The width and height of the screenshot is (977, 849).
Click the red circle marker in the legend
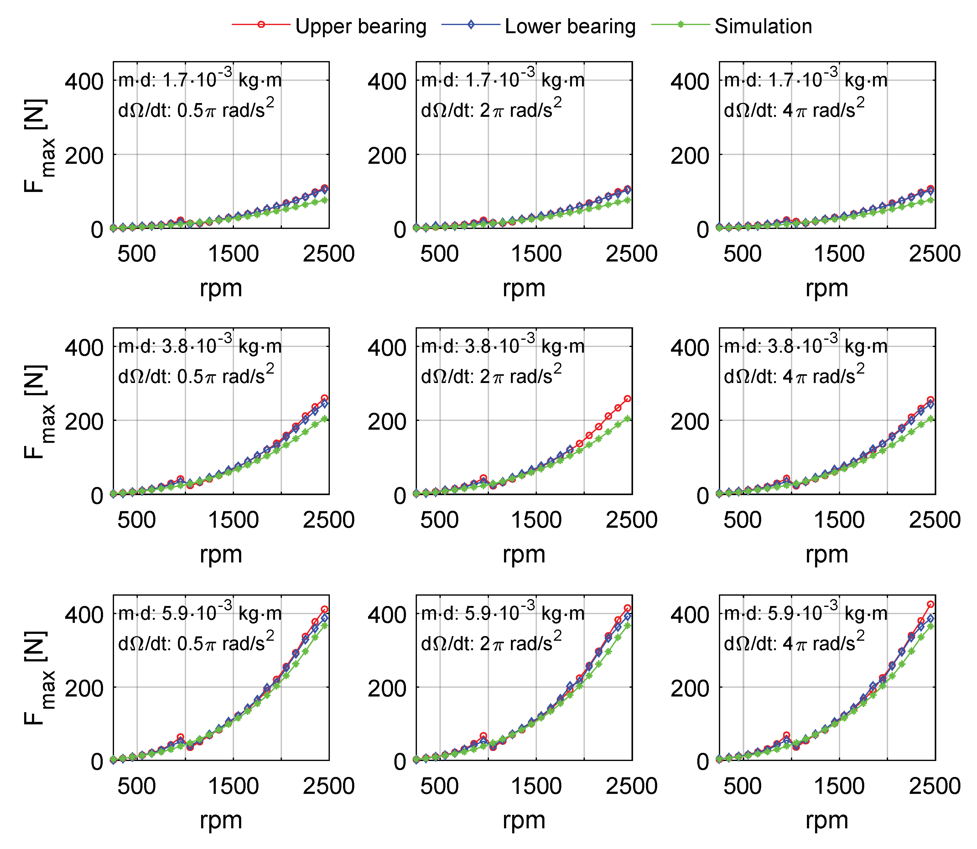point(261,25)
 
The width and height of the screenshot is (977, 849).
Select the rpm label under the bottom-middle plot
point(523,820)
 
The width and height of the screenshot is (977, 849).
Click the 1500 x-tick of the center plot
point(536,520)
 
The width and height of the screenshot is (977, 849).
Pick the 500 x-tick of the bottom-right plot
point(742,786)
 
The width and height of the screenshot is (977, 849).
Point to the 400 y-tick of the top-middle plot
point(387,81)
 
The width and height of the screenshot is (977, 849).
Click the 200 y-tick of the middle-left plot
point(84,421)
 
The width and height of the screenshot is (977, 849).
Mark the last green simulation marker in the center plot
point(628,419)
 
